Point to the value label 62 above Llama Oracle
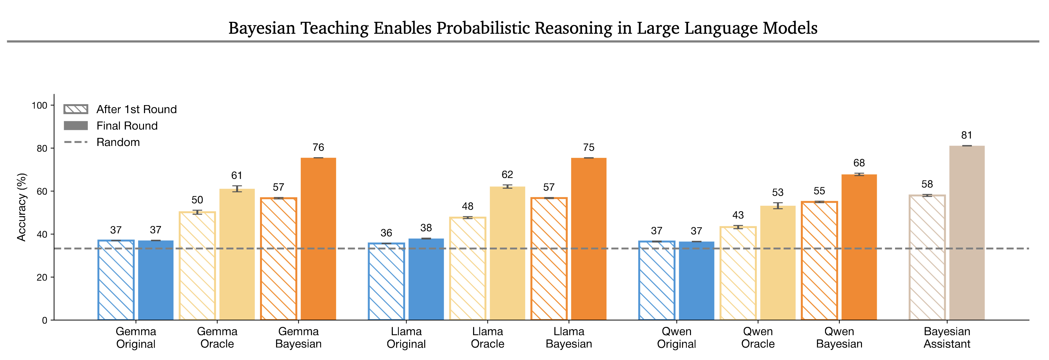click(507, 175)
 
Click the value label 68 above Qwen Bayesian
click(859, 163)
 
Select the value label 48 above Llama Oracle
click(468, 206)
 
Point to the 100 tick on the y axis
click(40, 105)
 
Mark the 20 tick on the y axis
click(42, 277)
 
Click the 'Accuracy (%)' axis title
click(21, 207)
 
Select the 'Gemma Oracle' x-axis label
click(217, 337)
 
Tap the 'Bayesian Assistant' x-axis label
click(947, 337)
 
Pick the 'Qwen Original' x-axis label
click(677, 337)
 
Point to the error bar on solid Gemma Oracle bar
click(237, 189)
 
